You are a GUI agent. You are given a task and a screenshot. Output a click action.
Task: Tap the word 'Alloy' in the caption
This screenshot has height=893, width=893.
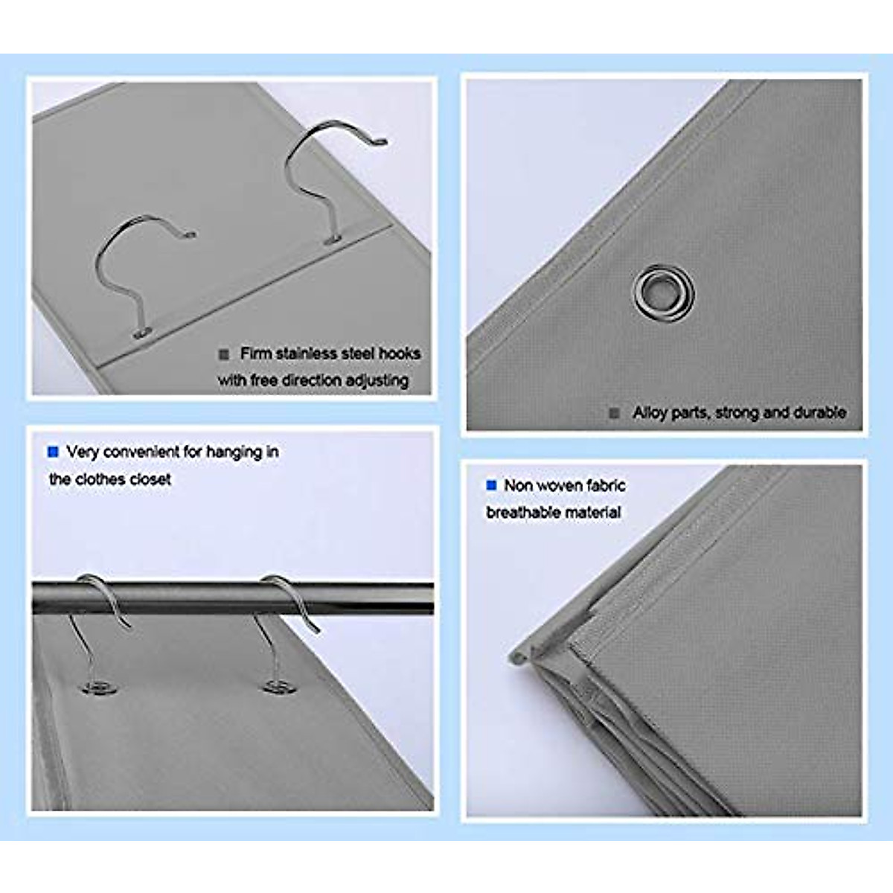(x=650, y=412)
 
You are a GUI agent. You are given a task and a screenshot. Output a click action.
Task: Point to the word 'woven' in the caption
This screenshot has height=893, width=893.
(x=563, y=486)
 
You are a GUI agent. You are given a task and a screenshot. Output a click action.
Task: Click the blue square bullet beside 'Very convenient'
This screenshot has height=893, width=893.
(x=53, y=452)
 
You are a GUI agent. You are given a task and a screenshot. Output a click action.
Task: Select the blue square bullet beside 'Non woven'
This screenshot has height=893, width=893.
(x=491, y=486)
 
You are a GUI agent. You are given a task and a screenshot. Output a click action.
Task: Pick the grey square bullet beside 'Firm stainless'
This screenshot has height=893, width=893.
(x=224, y=354)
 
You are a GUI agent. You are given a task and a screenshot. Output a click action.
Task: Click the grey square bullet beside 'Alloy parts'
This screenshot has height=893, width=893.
(x=615, y=413)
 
